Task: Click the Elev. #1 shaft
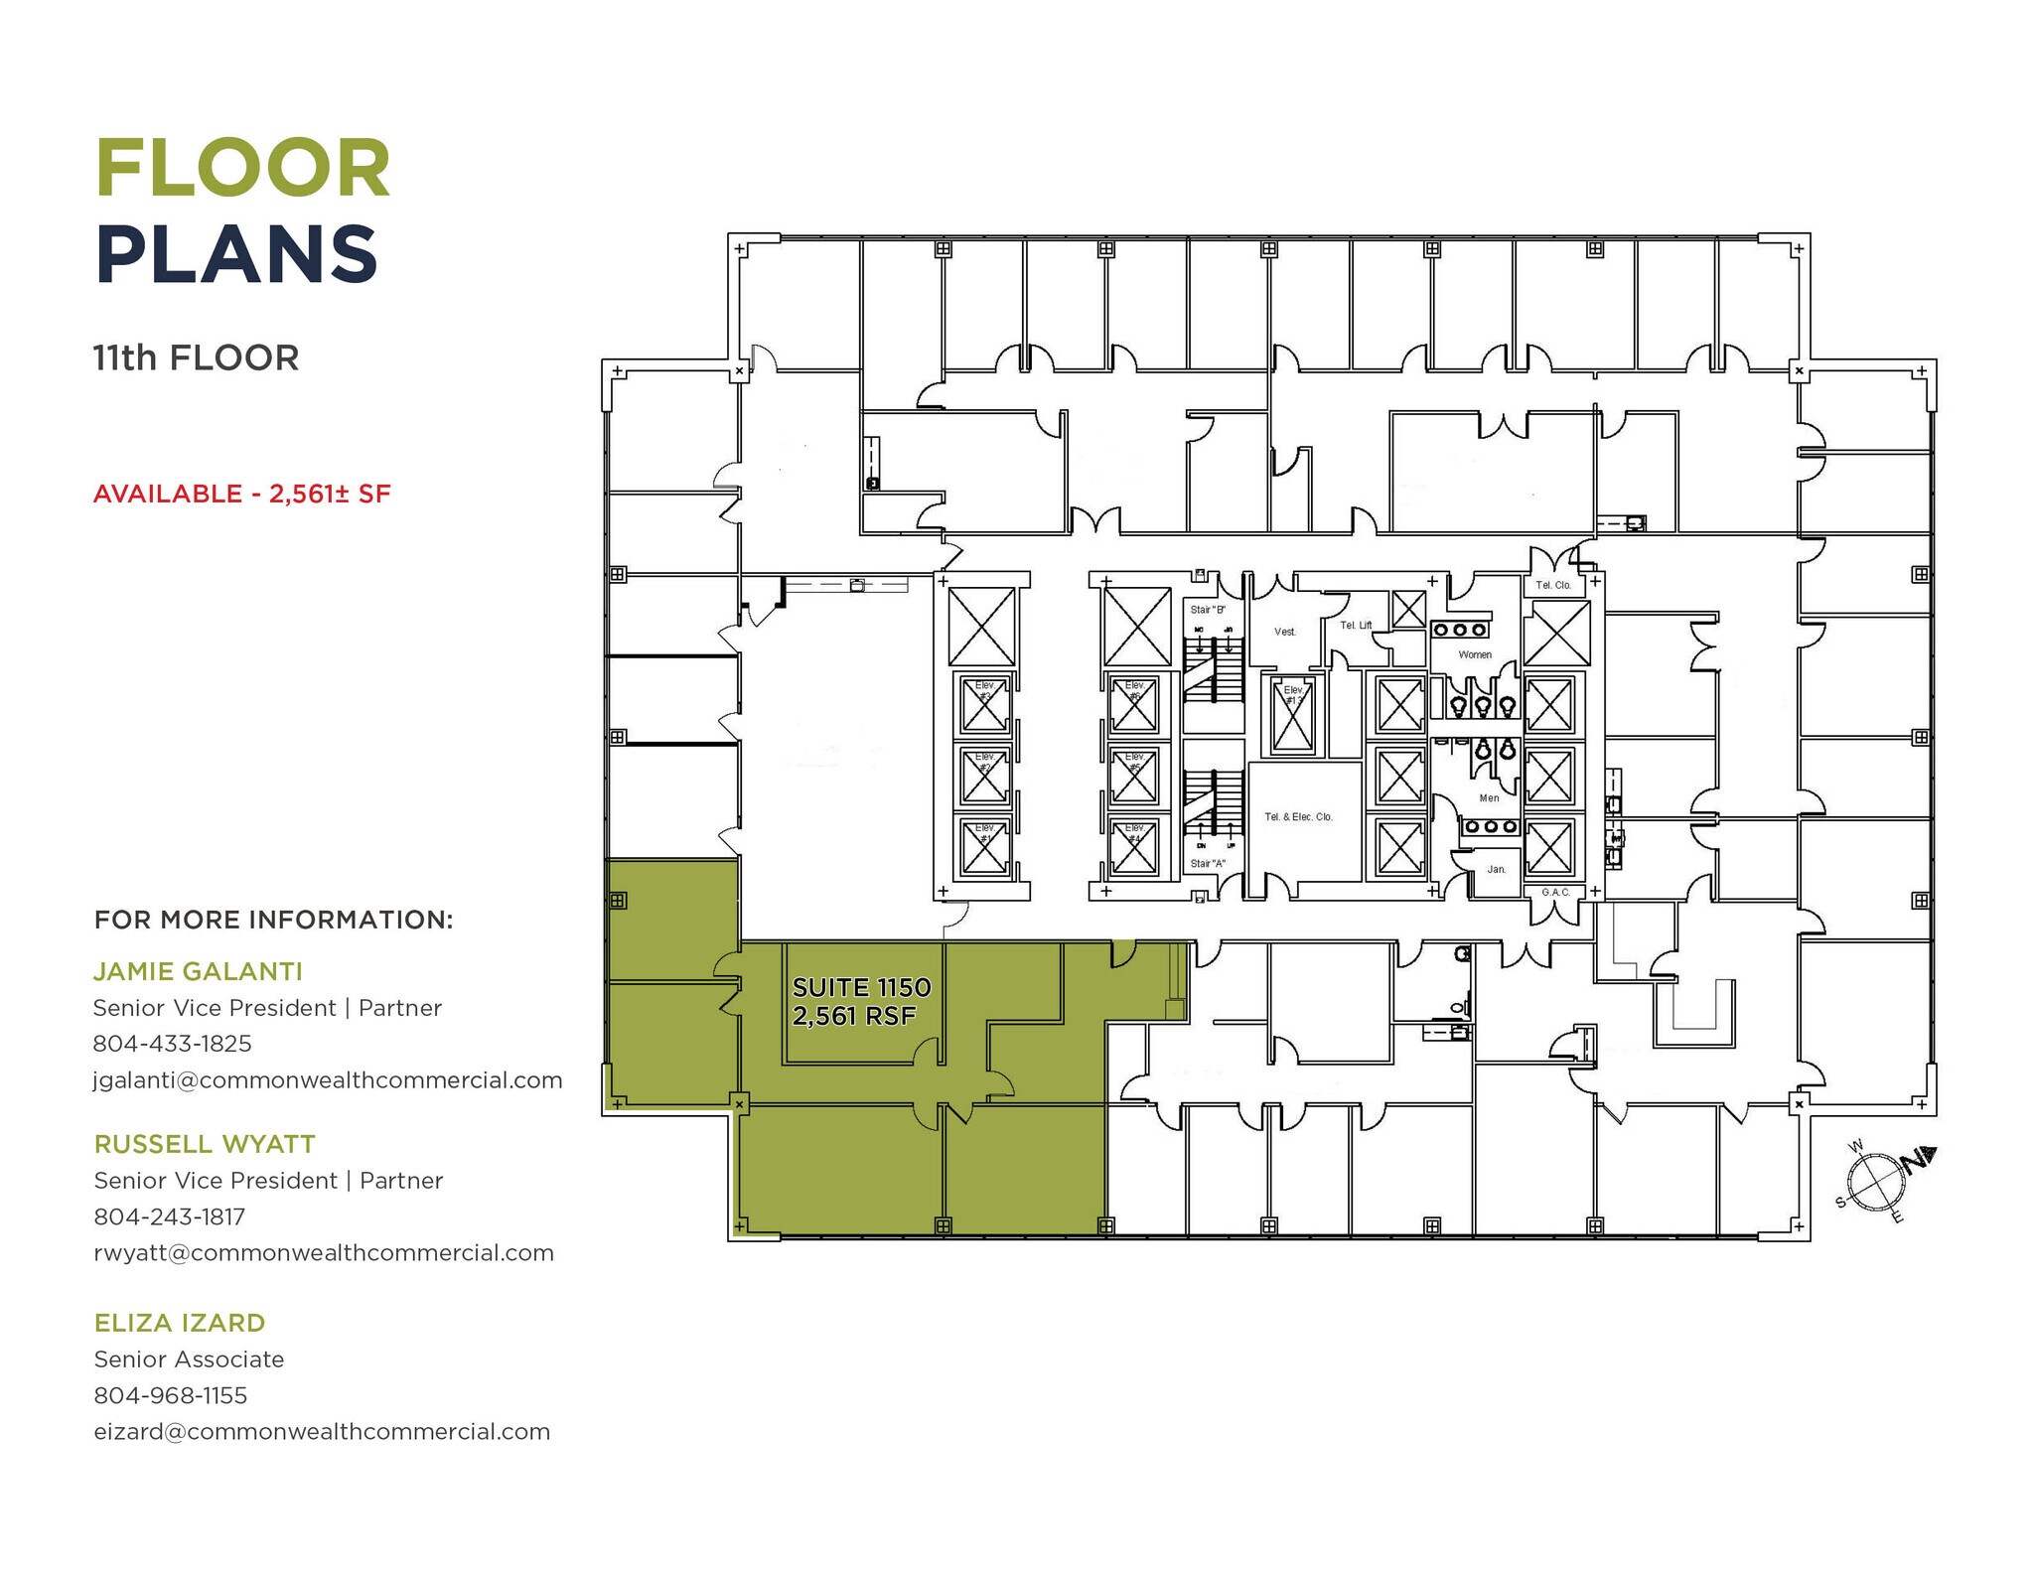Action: [984, 847]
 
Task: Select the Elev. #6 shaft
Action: [1134, 704]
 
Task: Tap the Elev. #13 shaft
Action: [1292, 714]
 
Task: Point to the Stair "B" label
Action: [1208, 609]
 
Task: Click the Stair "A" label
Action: [1208, 863]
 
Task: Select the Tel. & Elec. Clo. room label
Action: [1298, 816]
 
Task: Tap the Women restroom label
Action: [1475, 654]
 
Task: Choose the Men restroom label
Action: [1489, 797]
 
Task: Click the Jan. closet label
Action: [1496, 869]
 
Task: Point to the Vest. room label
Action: [1284, 632]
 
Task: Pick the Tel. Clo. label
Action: [1553, 585]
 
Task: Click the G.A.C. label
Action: [1555, 892]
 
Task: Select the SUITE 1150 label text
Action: [861, 987]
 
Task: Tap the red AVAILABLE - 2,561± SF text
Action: [242, 494]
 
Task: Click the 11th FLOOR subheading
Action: [196, 357]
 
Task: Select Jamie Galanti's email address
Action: [328, 1079]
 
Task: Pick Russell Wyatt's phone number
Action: [169, 1216]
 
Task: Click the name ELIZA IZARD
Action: [180, 1323]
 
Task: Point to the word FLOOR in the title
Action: [243, 169]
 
